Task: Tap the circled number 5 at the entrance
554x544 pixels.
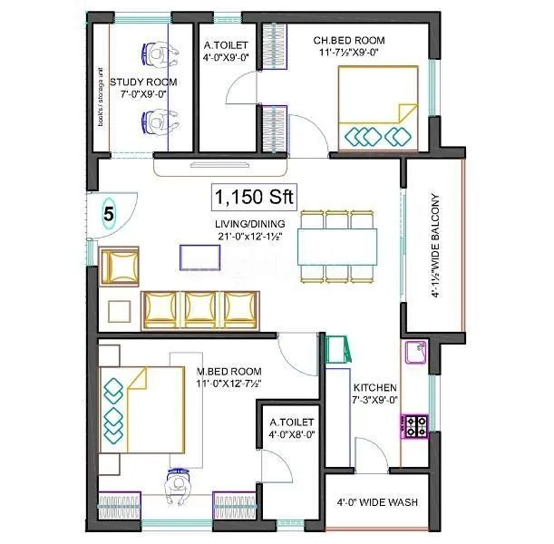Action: click(109, 215)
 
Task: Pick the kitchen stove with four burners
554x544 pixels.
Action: click(416, 426)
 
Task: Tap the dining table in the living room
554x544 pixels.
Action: click(337, 244)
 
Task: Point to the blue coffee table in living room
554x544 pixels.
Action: click(195, 257)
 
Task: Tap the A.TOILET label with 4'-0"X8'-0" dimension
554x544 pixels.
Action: click(290, 428)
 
